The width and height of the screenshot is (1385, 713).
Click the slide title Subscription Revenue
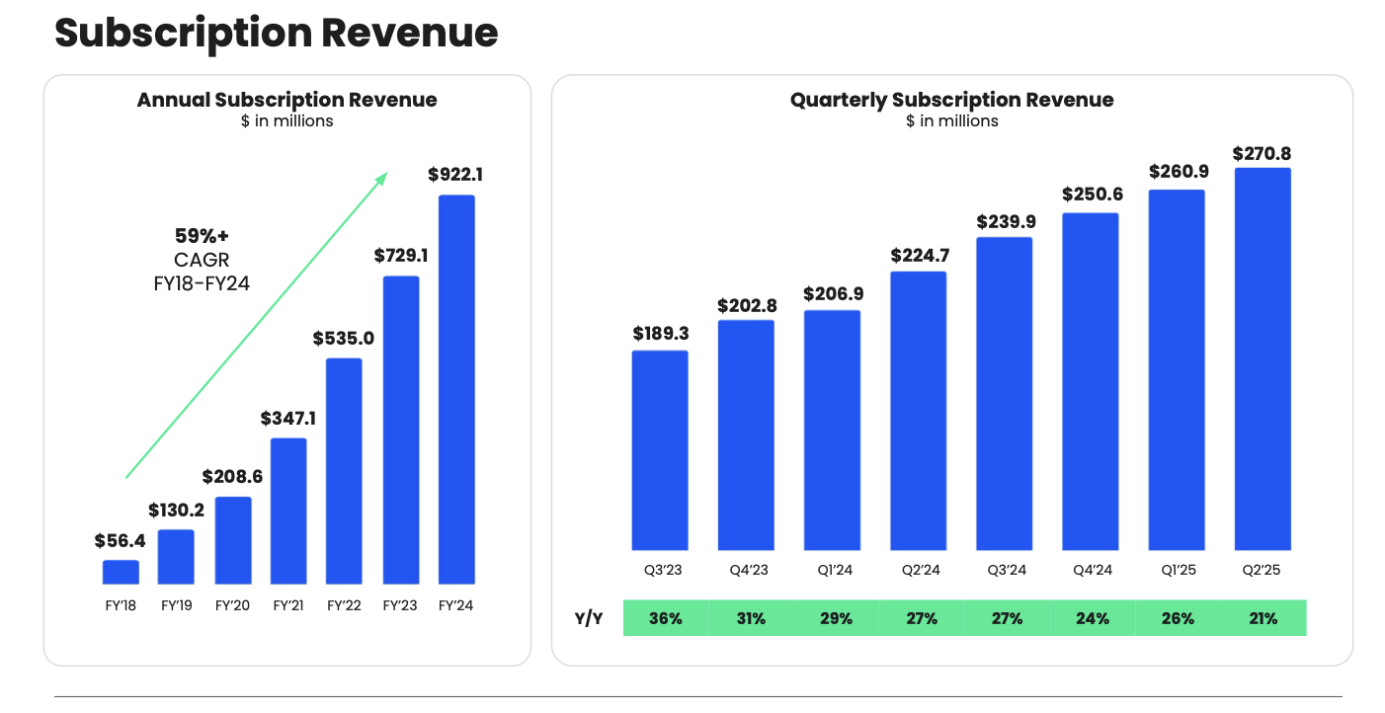click(x=276, y=34)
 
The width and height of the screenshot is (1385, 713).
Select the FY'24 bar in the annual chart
click(x=456, y=389)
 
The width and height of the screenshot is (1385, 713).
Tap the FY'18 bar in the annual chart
click(x=121, y=572)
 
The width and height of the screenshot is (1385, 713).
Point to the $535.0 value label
click(x=343, y=338)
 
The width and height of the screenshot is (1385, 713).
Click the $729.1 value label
click(x=401, y=255)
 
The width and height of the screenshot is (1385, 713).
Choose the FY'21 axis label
click(x=287, y=605)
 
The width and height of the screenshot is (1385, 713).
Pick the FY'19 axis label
click(x=176, y=605)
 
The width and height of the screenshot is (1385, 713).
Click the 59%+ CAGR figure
click(x=201, y=237)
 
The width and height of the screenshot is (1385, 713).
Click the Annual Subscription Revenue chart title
click(x=286, y=100)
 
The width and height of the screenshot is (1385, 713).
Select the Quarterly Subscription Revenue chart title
click(x=951, y=100)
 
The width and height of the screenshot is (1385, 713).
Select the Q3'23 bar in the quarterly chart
click(x=660, y=450)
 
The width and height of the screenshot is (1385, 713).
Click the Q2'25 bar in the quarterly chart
click(x=1263, y=359)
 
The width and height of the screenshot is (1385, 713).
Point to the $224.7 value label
click(x=919, y=256)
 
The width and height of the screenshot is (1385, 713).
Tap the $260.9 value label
click(x=1177, y=172)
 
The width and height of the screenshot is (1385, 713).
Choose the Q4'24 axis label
click(x=1091, y=570)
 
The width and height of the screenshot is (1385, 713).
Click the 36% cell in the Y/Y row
click(x=666, y=618)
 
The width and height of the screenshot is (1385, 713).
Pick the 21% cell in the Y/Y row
click(x=1263, y=618)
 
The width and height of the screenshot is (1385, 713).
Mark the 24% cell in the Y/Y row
click(x=1093, y=618)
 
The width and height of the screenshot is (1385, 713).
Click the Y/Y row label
click(x=589, y=618)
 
